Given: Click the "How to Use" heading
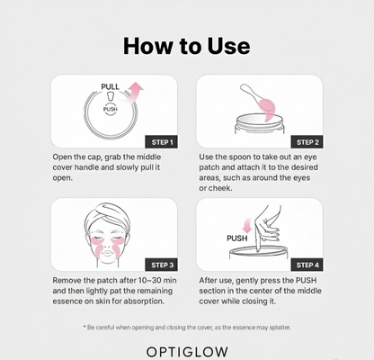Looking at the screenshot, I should (187, 46).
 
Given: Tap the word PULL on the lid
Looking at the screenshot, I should (110, 87).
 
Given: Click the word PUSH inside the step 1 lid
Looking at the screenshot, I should (110, 109).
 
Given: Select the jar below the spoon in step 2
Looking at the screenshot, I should (260, 129).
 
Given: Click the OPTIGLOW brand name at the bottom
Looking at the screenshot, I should (187, 346).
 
